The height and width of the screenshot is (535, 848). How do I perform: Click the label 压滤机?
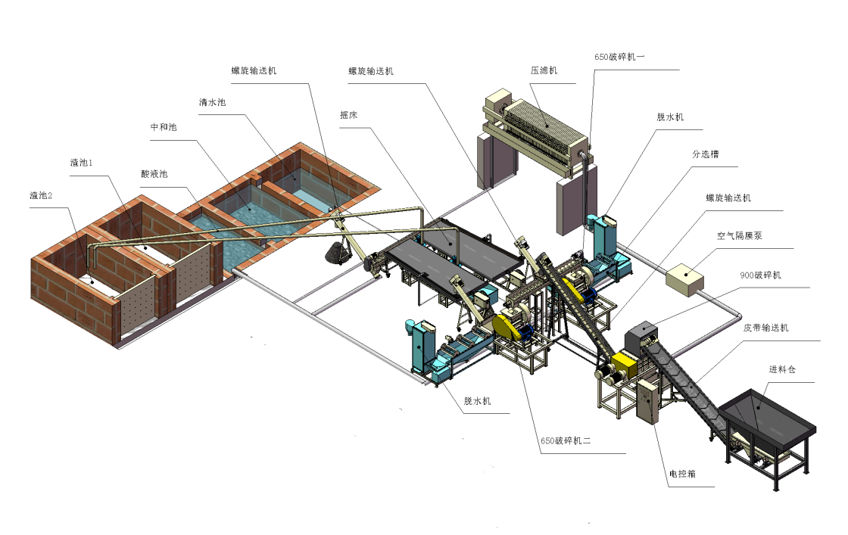[544, 70]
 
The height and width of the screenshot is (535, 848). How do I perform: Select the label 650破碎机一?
[619, 57]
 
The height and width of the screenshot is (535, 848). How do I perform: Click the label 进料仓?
[782, 369]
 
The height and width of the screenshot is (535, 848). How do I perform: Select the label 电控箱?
[681, 473]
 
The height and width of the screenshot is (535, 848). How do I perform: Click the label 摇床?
[349, 116]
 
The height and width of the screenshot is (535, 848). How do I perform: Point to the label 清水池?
[212, 102]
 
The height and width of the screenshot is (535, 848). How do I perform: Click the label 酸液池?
[154, 174]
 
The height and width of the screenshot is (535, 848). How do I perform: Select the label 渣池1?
[81, 163]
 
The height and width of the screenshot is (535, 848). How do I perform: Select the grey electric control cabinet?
[648, 401]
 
